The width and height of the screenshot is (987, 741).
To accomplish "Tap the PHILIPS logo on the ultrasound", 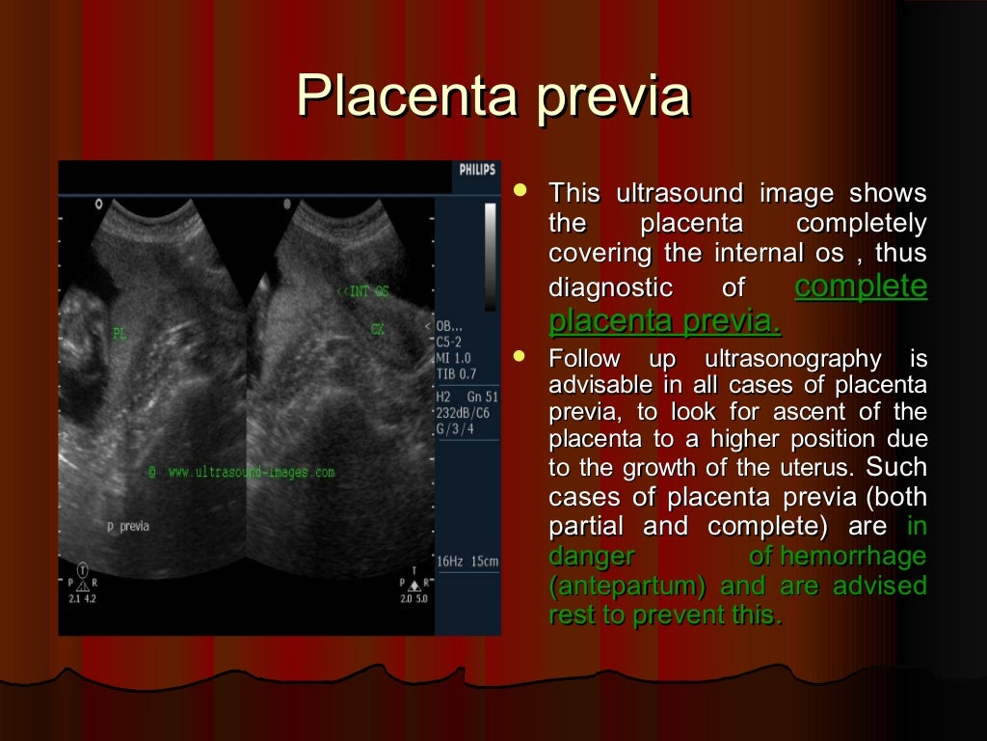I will coord(477,170).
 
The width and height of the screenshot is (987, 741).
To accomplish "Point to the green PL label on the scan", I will coord(120,335).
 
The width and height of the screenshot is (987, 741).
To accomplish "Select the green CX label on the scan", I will coord(378,329).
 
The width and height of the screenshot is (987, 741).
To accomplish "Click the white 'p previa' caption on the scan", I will coord(127,527).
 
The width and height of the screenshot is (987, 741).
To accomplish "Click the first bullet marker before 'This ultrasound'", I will coord(521,191).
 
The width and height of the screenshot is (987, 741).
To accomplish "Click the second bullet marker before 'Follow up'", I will coord(521,357).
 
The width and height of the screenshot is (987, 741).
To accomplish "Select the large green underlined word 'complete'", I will coord(861,287).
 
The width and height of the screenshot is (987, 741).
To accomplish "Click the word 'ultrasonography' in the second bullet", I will coord(792,360).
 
